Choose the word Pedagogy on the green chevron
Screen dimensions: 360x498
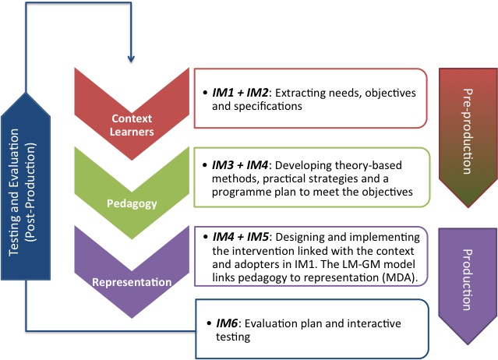pyautogui.click(x=130, y=203)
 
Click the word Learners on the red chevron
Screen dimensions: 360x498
pyautogui.click(x=131, y=132)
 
